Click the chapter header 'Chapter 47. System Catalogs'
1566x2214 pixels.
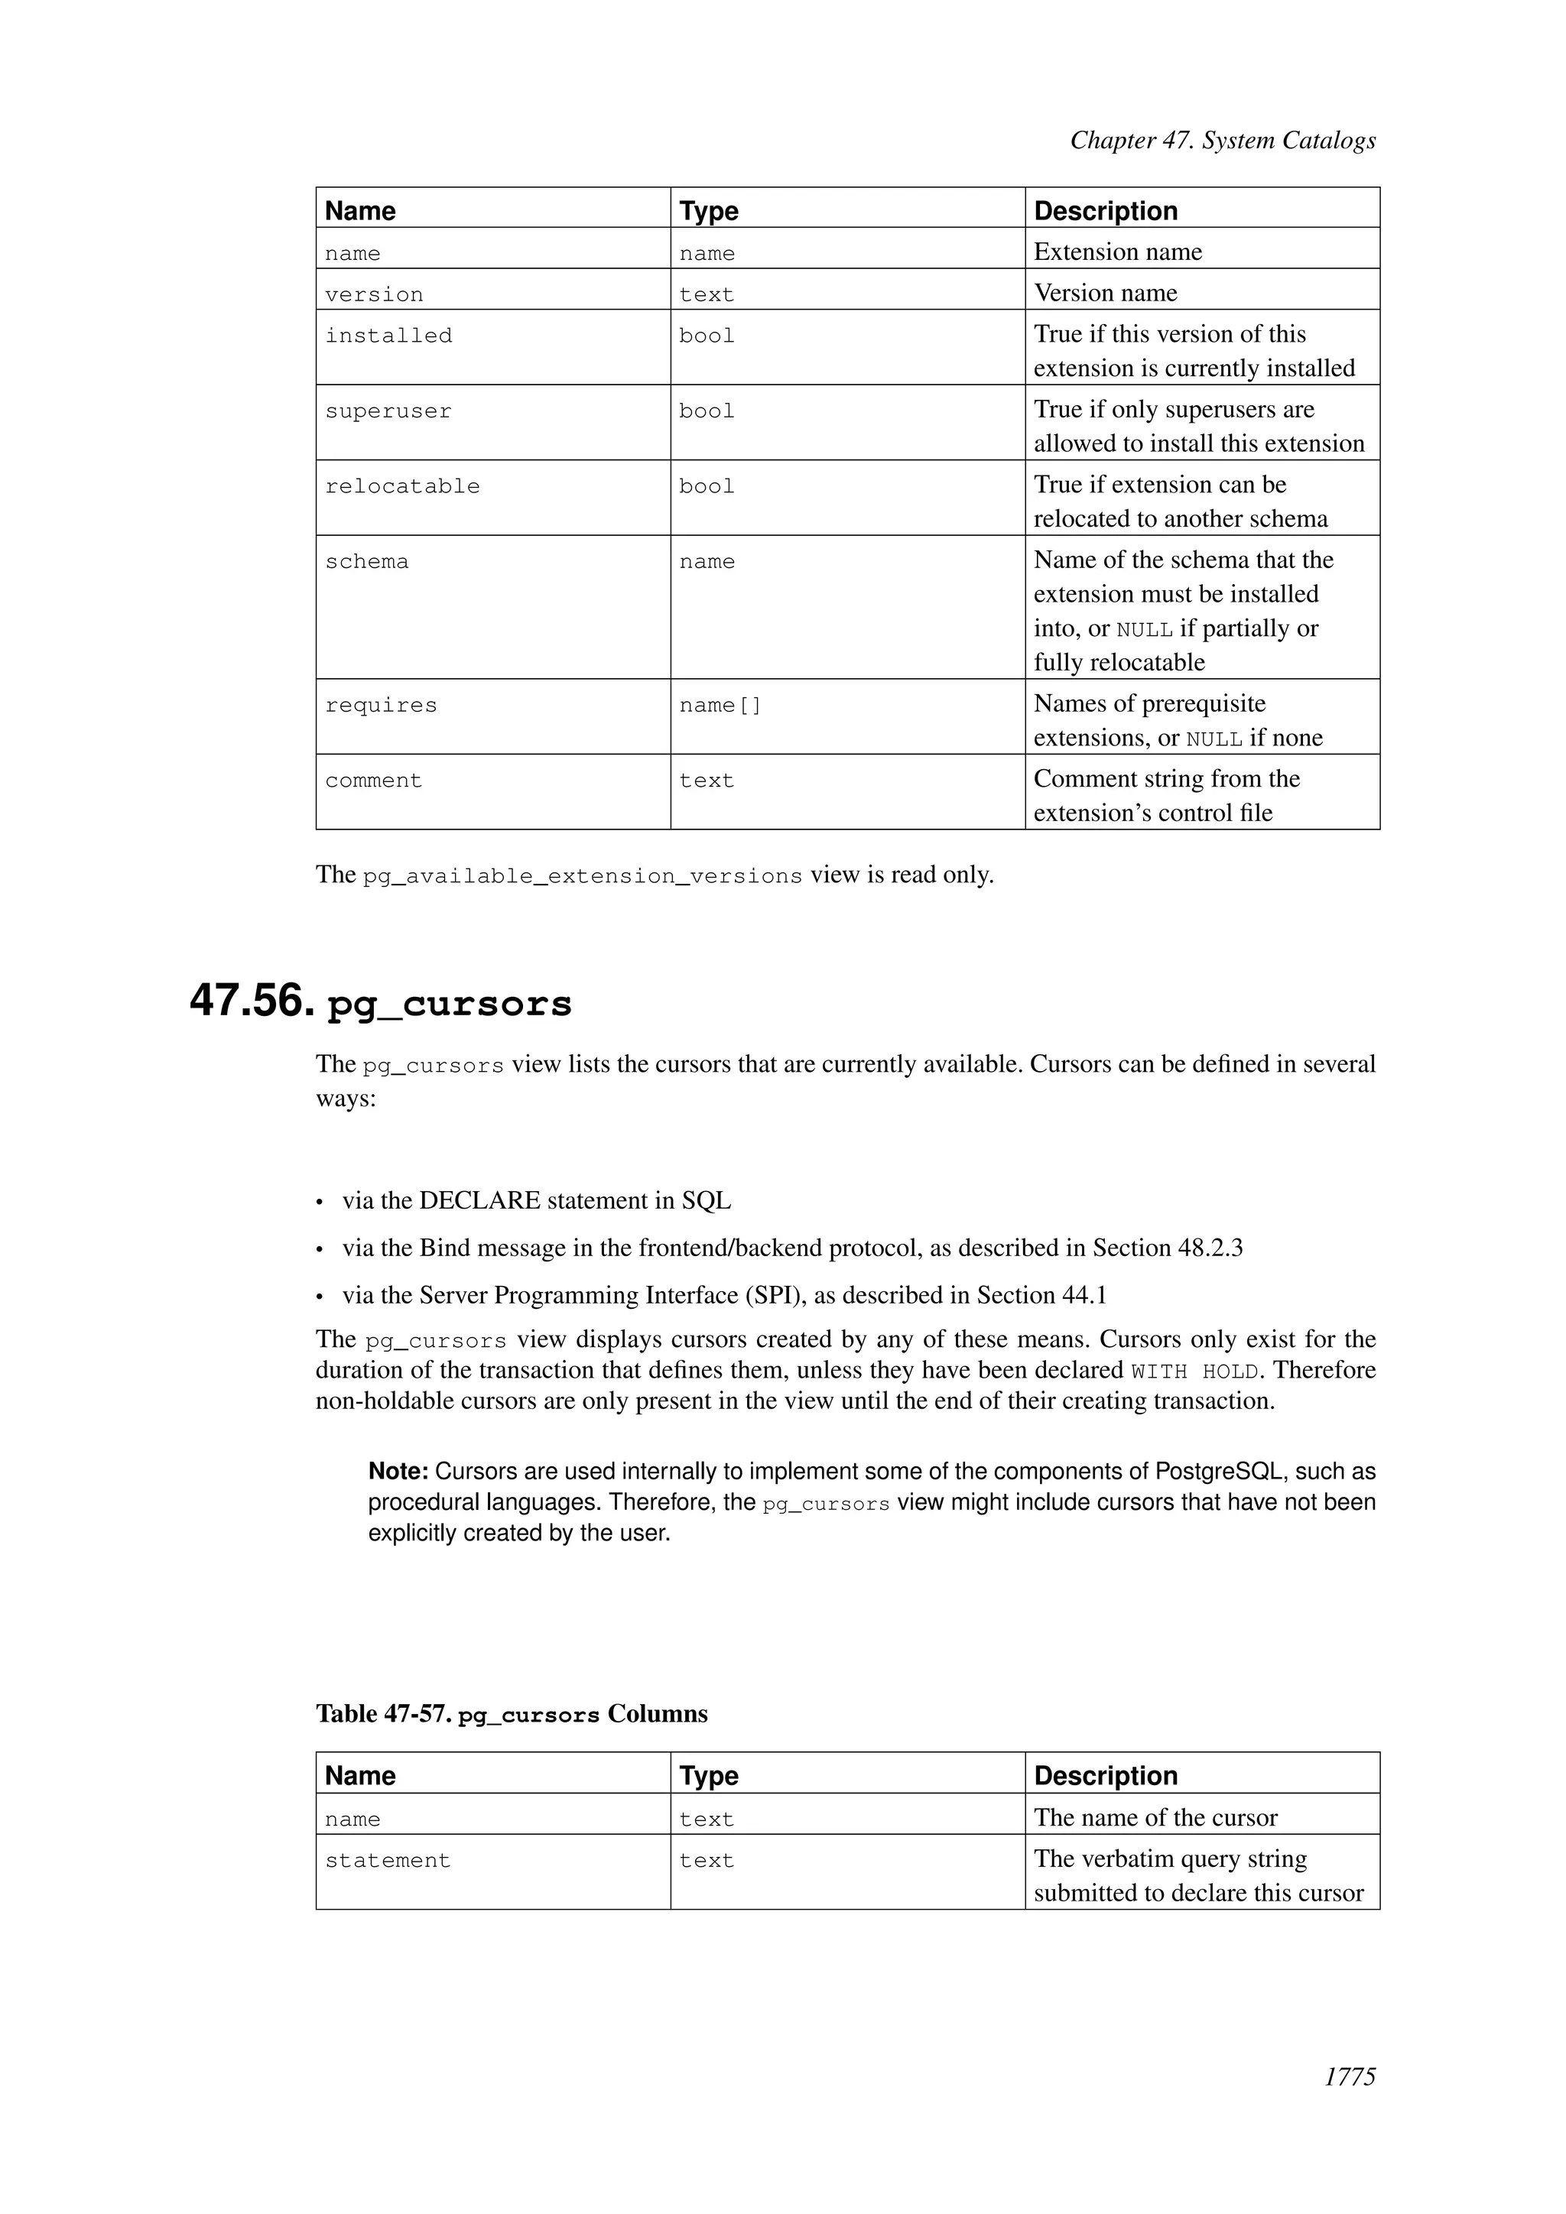pos(1222,141)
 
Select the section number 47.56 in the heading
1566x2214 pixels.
pos(252,1001)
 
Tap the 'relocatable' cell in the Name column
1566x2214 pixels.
pos(402,487)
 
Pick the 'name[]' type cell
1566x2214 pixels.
pos(720,706)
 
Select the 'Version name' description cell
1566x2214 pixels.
pos(1105,293)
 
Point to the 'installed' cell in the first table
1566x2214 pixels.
pos(388,336)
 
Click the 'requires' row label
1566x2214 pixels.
pos(380,706)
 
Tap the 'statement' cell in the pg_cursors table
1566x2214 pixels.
pos(388,1861)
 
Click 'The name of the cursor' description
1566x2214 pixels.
pos(1155,1819)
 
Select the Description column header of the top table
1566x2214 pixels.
pos(1105,211)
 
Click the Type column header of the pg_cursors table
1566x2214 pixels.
pos(708,1776)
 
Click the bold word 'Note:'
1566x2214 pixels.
pos(398,1472)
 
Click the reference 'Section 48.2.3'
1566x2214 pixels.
pos(1167,1248)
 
